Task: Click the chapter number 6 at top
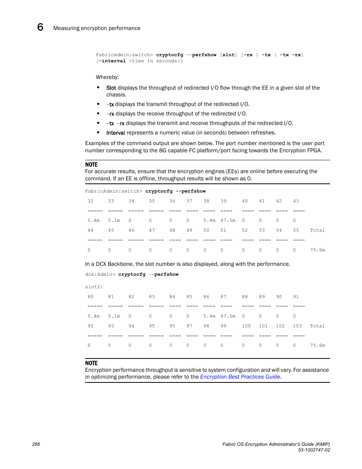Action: click(40, 27)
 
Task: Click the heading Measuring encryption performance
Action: click(97, 28)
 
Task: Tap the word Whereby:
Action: click(107, 77)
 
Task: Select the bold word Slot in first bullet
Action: click(111, 88)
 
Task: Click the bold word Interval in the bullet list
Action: click(116, 133)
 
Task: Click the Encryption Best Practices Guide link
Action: click(240, 377)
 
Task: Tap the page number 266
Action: click(36, 444)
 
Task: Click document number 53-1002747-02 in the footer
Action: click(314, 450)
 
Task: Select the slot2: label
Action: click(94, 287)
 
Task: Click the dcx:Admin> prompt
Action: click(100, 274)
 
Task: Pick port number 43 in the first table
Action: click(296, 201)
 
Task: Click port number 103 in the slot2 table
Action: click(297, 326)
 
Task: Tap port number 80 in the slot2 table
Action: click(90, 297)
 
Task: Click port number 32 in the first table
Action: click(90, 201)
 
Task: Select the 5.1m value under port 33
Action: click(114, 220)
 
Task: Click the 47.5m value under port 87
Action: click(228, 316)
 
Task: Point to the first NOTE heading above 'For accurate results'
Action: click(91, 164)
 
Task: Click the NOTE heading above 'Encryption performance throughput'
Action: click(91, 363)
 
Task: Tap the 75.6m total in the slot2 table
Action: click(317, 345)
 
